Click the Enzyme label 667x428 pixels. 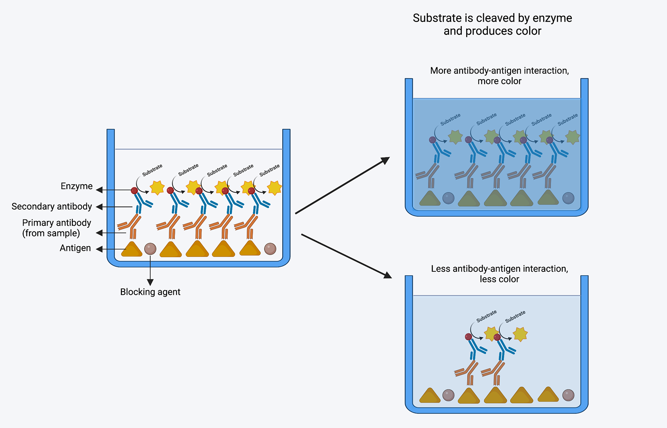pos(77,186)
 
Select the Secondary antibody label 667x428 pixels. pos(51,207)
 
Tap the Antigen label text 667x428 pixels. pos(75,248)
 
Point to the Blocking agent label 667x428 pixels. pos(150,292)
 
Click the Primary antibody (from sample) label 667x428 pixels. pos(56,228)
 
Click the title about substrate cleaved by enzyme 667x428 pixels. pos(492,24)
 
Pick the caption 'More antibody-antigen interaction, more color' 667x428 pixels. pos(499,76)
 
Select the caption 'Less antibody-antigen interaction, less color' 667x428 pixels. pos(499,274)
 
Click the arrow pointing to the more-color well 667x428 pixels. pos(342,185)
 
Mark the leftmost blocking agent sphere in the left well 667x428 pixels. pos(150,249)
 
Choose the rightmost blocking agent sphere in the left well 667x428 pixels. pos(270,249)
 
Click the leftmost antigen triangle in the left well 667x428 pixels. pos(132,250)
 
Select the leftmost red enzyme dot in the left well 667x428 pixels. pos(134,190)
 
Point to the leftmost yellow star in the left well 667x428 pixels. pos(157,188)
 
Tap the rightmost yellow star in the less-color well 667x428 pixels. pos(520,334)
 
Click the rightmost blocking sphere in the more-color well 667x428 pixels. pos(568,198)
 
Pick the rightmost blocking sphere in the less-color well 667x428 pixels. pos(568,395)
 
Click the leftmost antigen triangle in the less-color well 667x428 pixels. pos(430,396)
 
